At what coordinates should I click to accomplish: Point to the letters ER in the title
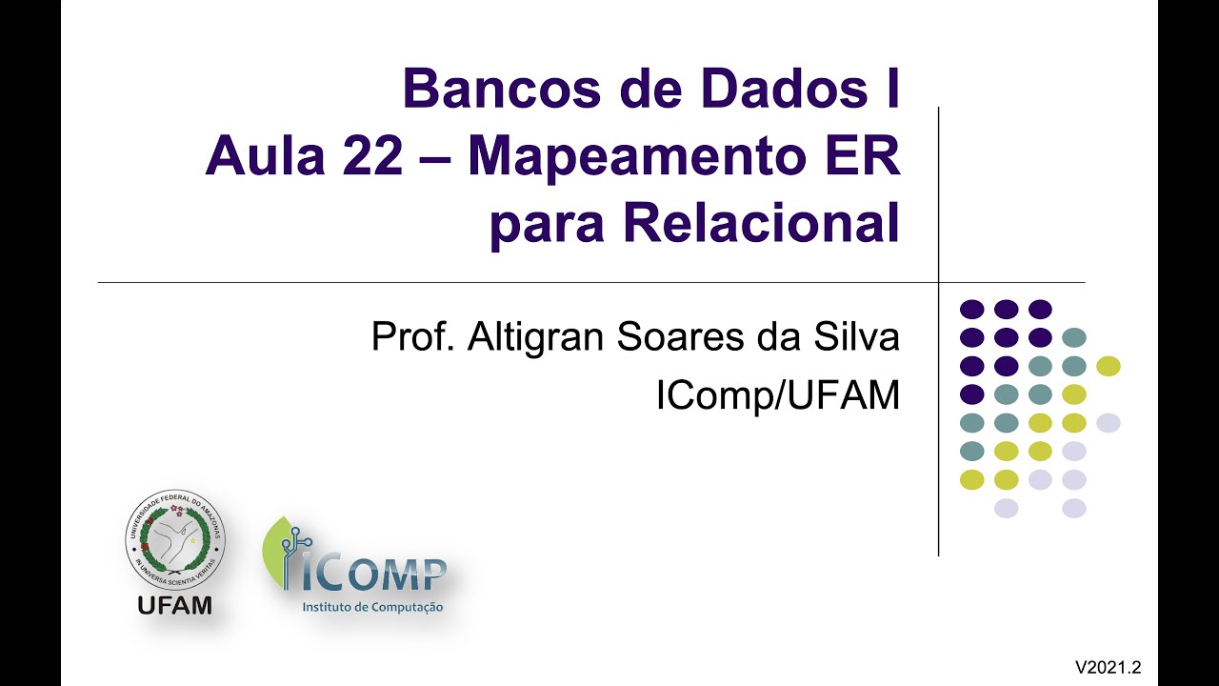click(865, 157)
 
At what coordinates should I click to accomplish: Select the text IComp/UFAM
click(778, 395)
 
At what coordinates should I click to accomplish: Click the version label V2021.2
click(1109, 667)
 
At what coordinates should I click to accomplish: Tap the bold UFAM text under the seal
click(175, 605)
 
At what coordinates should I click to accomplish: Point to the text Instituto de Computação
click(372, 607)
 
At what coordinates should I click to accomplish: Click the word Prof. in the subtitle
click(412, 337)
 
